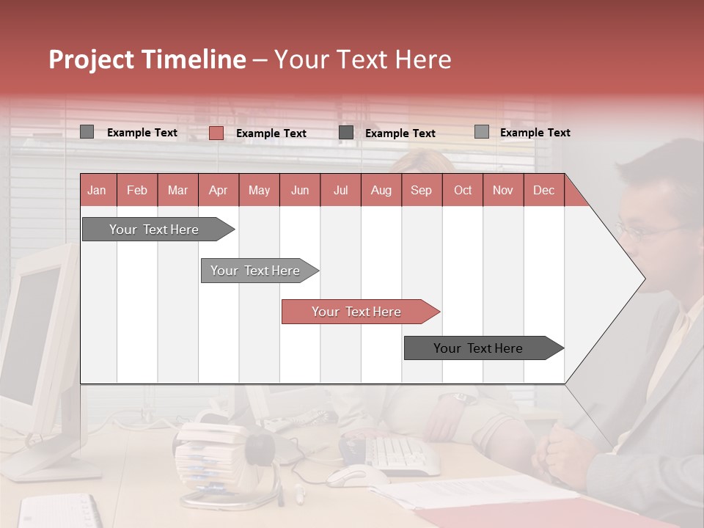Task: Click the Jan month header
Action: [x=98, y=191]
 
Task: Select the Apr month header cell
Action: [x=219, y=191]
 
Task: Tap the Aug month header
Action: [x=381, y=191]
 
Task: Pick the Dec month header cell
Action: [x=543, y=191]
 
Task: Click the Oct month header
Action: [x=463, y=191]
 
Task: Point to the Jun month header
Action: [x=300, y=191]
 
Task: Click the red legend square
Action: [x=216, y=133]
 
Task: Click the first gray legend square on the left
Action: [x=87, y=132]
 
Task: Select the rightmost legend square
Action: [x=481, y=132]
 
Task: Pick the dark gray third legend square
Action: [x=346, y=133]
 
